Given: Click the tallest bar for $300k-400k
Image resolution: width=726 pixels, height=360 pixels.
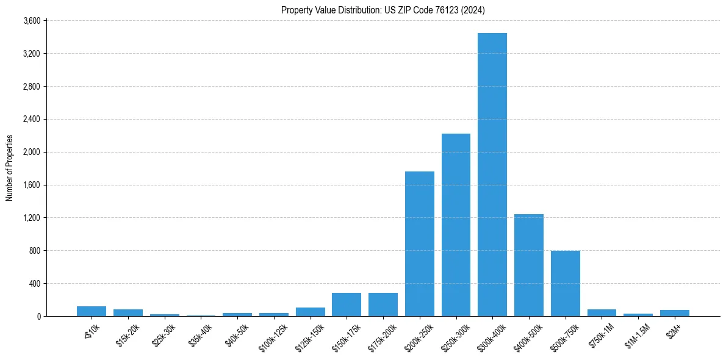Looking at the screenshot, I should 492,175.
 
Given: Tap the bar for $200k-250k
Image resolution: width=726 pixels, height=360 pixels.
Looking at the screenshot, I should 420,243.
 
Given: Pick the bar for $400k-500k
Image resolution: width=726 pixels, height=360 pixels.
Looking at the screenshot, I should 529,265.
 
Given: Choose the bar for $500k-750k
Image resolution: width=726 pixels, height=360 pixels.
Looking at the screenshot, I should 566,283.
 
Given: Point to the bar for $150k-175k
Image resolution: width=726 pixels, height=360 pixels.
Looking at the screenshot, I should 347,304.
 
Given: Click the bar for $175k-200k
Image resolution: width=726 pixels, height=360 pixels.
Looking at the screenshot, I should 383,304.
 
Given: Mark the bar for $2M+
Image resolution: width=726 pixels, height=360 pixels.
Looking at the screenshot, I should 675,313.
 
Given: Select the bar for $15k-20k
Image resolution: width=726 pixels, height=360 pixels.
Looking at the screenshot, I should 128,312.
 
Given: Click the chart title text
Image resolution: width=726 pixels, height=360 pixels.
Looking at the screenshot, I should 383,10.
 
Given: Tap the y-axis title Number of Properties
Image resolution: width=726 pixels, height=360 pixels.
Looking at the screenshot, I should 9,168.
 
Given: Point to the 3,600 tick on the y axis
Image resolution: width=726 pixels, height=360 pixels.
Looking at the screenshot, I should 32,21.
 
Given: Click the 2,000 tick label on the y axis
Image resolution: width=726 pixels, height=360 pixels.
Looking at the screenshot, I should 32,152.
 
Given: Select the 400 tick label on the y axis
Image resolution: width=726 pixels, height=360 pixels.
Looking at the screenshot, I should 34,284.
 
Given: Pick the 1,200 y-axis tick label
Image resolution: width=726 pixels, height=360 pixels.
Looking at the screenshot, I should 32,218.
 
